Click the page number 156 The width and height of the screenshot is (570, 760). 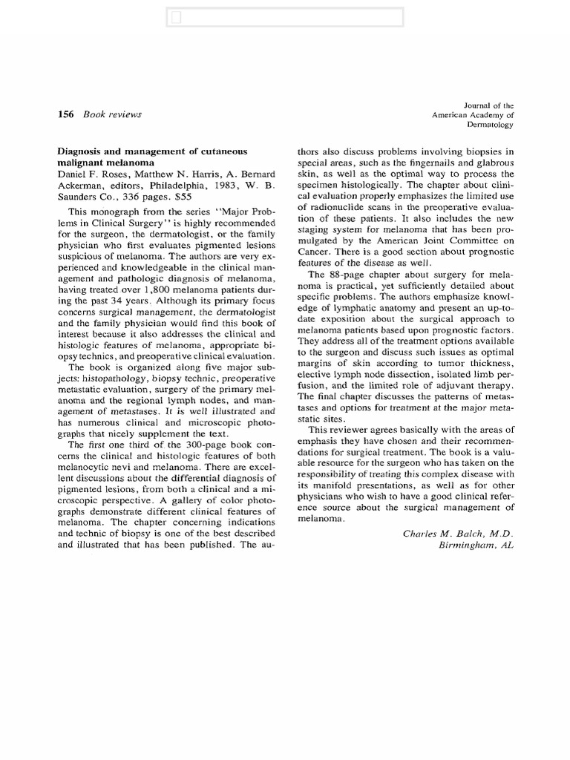click(x=65, y=114)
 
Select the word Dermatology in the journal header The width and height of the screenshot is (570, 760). click(x=488, y=125)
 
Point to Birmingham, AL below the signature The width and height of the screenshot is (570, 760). click(x=476, y=546)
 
